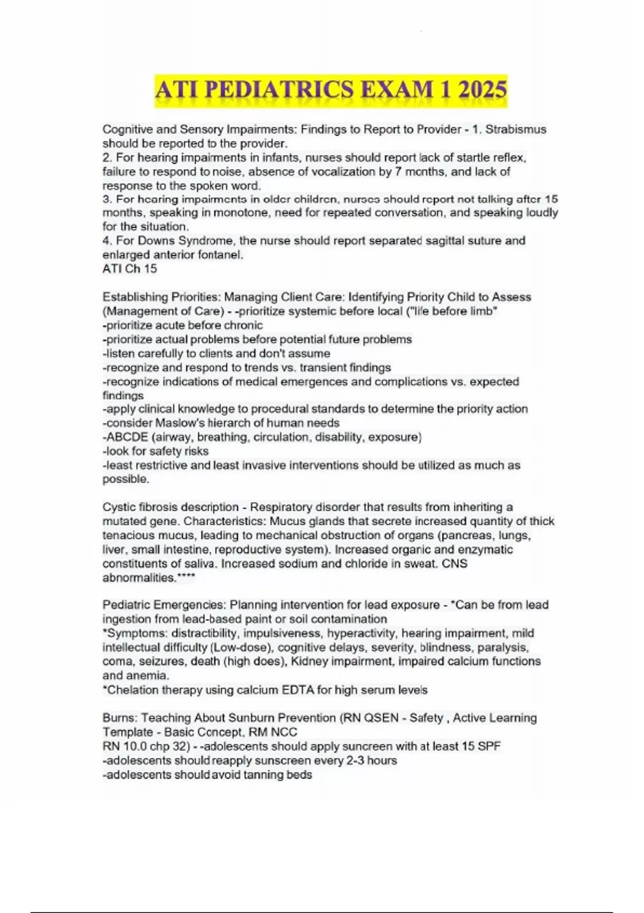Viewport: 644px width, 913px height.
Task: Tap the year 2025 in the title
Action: pos(480,90)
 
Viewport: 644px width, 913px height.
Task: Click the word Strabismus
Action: pos(516,129)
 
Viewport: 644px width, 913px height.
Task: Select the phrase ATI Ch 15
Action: pos(129,269)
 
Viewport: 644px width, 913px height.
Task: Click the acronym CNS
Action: pos(455,563)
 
